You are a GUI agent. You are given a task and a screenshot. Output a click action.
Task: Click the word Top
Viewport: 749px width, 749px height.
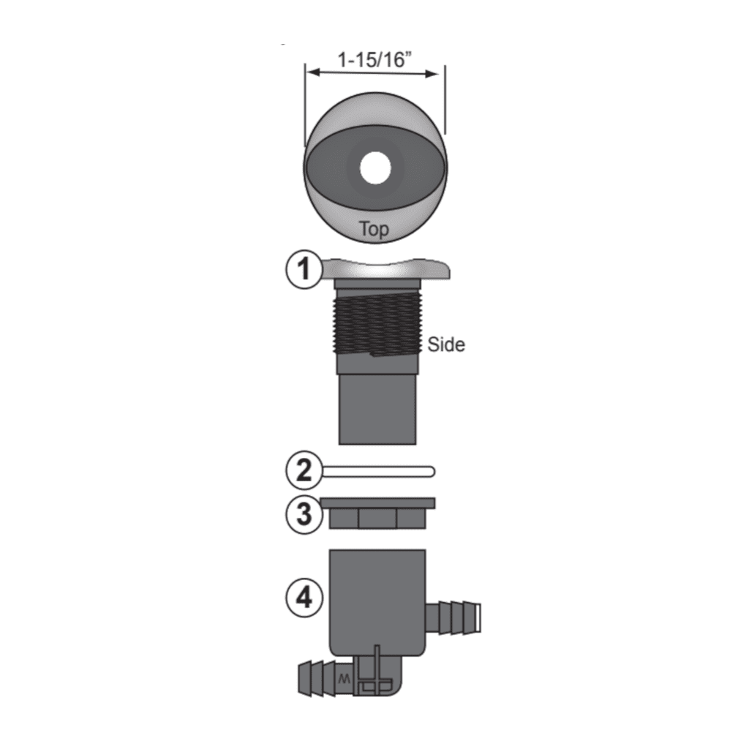(x=374, y=229)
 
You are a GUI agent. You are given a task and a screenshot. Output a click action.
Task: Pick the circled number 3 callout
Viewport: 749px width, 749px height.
(x=302, y=514)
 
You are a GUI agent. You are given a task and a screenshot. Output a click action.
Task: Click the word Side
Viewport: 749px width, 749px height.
(x=446, y=344)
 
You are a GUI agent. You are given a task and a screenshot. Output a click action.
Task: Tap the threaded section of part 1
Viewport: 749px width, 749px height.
(x=375, y=323)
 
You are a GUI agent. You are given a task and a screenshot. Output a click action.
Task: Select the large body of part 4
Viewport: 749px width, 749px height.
(x=376, y=600)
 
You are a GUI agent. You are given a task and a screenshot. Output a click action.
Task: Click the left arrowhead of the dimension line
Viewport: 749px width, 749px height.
(x=311, y=72)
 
